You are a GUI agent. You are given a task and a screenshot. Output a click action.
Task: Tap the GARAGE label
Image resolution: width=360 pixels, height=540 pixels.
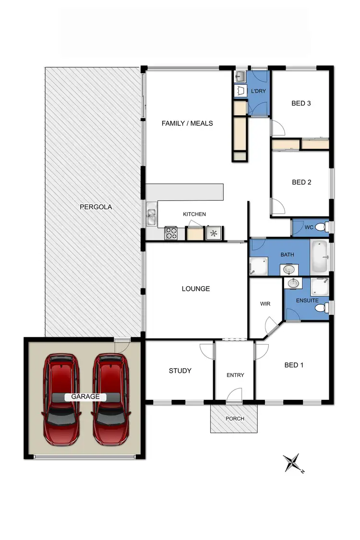coord(85,396)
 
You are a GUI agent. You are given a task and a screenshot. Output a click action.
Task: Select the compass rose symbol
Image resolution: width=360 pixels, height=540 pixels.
coord(292,463)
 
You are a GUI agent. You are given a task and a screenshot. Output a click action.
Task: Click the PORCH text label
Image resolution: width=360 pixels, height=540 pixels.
coord(235,419)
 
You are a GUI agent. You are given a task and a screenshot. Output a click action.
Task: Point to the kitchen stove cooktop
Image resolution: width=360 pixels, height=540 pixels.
coord(171,233)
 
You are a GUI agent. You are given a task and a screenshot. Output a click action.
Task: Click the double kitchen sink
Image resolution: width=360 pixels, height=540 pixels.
coord(152,216)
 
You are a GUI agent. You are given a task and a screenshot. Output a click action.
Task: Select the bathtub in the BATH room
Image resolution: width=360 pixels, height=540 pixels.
coord(319,256)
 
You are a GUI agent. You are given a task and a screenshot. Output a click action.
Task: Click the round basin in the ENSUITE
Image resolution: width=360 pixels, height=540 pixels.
coord(292,284)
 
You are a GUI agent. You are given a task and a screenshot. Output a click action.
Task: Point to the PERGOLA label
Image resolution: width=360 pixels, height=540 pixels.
coord(96,207)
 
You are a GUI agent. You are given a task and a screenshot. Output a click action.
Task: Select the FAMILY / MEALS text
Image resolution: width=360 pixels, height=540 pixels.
coord(187,123)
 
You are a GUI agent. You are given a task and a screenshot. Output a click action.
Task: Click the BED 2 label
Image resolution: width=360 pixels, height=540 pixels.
coord(301,182)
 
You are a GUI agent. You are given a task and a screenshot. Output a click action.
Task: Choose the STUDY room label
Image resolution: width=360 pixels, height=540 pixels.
coord(180,371)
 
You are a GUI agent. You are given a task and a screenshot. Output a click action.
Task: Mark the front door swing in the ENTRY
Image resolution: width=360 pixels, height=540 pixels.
coord(234,395)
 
